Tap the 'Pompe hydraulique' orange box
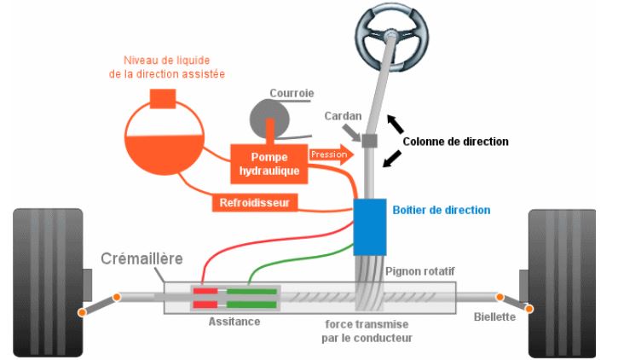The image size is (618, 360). pos(269,162)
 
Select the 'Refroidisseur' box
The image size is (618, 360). pos(253,203)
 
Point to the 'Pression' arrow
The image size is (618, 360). pos(331,155)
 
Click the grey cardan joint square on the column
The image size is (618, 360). pos(370,140)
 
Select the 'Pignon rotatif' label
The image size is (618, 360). pos(419,271)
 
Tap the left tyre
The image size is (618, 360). pos(47,282)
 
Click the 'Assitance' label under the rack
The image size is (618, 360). pos(234,322)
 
